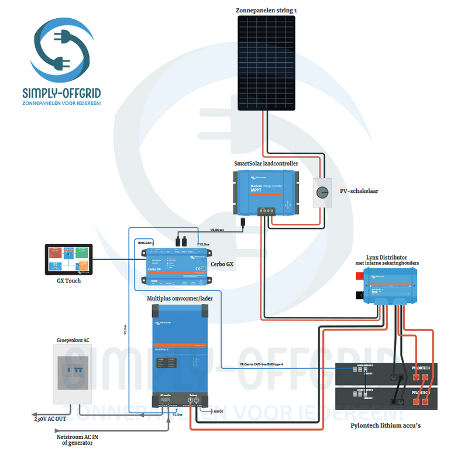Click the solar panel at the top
266,62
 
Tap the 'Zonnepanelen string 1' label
266,11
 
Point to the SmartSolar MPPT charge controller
266,191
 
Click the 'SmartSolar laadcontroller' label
266,163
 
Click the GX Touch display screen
69,260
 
